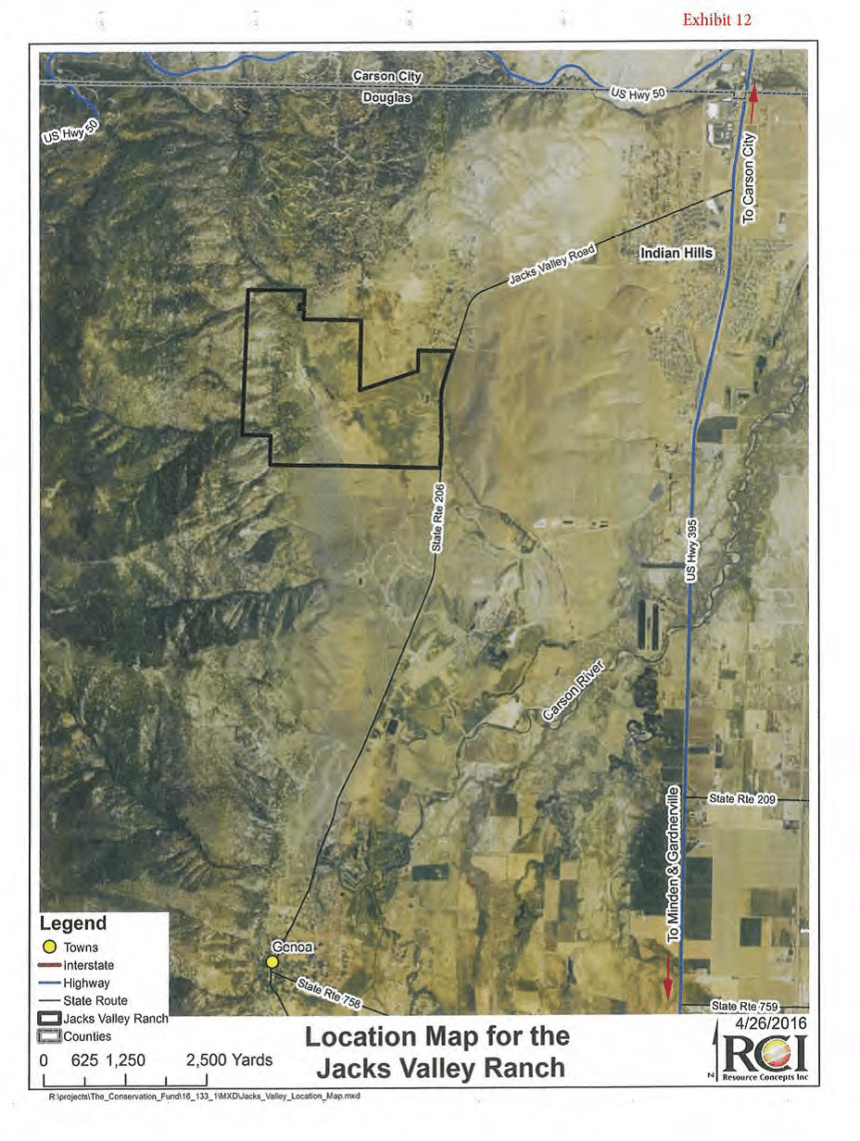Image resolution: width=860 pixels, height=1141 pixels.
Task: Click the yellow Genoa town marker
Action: (x=272, y=962)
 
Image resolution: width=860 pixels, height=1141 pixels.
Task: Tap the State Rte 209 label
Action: (x=740, y=797)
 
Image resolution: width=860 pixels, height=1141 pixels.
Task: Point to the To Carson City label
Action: (x=750, y=176)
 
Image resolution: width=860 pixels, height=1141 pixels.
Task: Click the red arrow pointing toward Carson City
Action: (x=753, y=95)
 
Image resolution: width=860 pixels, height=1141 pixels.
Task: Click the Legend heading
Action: (x=72, y=923)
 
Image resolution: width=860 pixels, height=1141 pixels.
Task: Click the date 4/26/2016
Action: (x=770, y=1024)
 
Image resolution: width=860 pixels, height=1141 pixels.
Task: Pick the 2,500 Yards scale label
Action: (x=230, y=1059)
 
